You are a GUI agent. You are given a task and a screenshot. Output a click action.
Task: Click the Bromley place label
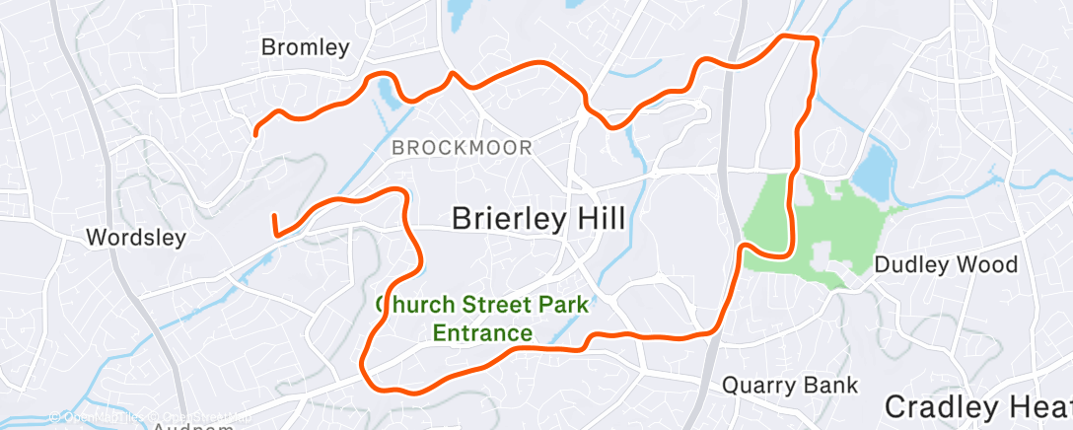pos(305,47)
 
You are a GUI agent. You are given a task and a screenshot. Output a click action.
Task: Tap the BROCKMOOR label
pos(462,149)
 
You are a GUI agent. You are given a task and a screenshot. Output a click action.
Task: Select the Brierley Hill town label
pos(537,219)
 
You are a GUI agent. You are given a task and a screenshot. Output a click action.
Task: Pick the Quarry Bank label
pos(790,385)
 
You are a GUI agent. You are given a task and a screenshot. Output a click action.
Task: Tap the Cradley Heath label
pos(976,406)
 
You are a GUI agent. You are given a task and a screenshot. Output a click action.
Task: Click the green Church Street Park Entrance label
pos(482,319)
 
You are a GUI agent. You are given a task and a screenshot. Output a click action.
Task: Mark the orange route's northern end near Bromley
pos(256,133)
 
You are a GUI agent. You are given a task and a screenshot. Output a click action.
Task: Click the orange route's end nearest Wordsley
pos(273,214)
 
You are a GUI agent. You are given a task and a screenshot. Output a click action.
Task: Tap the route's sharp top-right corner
pos(816,39)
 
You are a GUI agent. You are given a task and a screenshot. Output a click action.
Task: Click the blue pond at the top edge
pos(460,12)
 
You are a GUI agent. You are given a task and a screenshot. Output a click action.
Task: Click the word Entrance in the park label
pos(482,333)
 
